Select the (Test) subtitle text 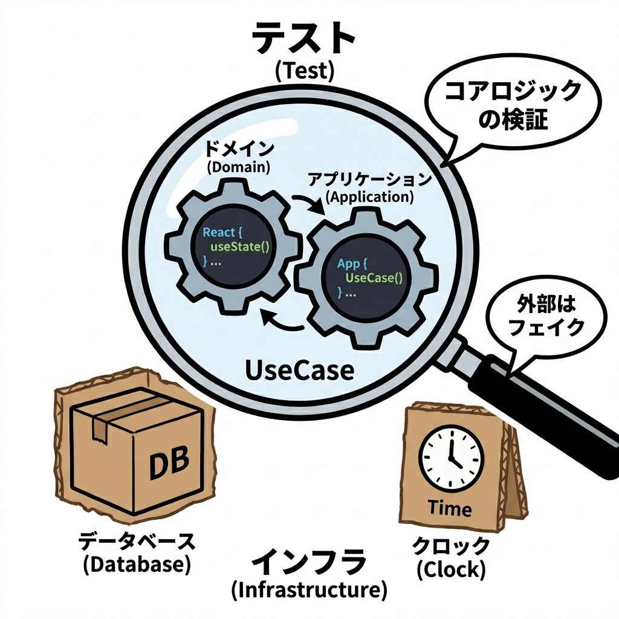[304, 72]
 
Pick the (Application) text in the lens [369, 196]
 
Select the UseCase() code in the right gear [373, 277]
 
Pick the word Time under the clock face [450, 508]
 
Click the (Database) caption [137, 565]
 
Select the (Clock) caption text [452, 569]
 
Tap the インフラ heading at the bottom [309, 562]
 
